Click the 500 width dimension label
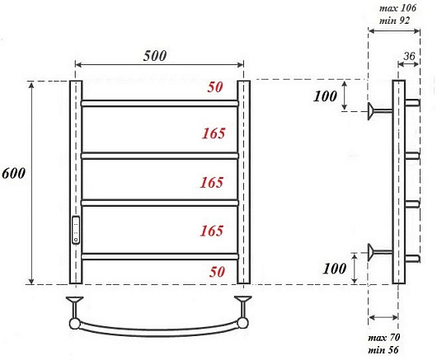(x=155, y=56)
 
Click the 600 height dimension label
(x=13, y=173)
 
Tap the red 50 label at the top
(x=215, y=87)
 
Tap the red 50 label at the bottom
(x=217, y=272)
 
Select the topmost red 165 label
(x=214, y=133)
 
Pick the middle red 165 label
(x=212, y=182)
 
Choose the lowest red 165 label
(x=212, y=231)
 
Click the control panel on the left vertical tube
(x=76, y=230)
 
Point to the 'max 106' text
(x=397, y=8)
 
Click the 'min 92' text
(x=394, y=21)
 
